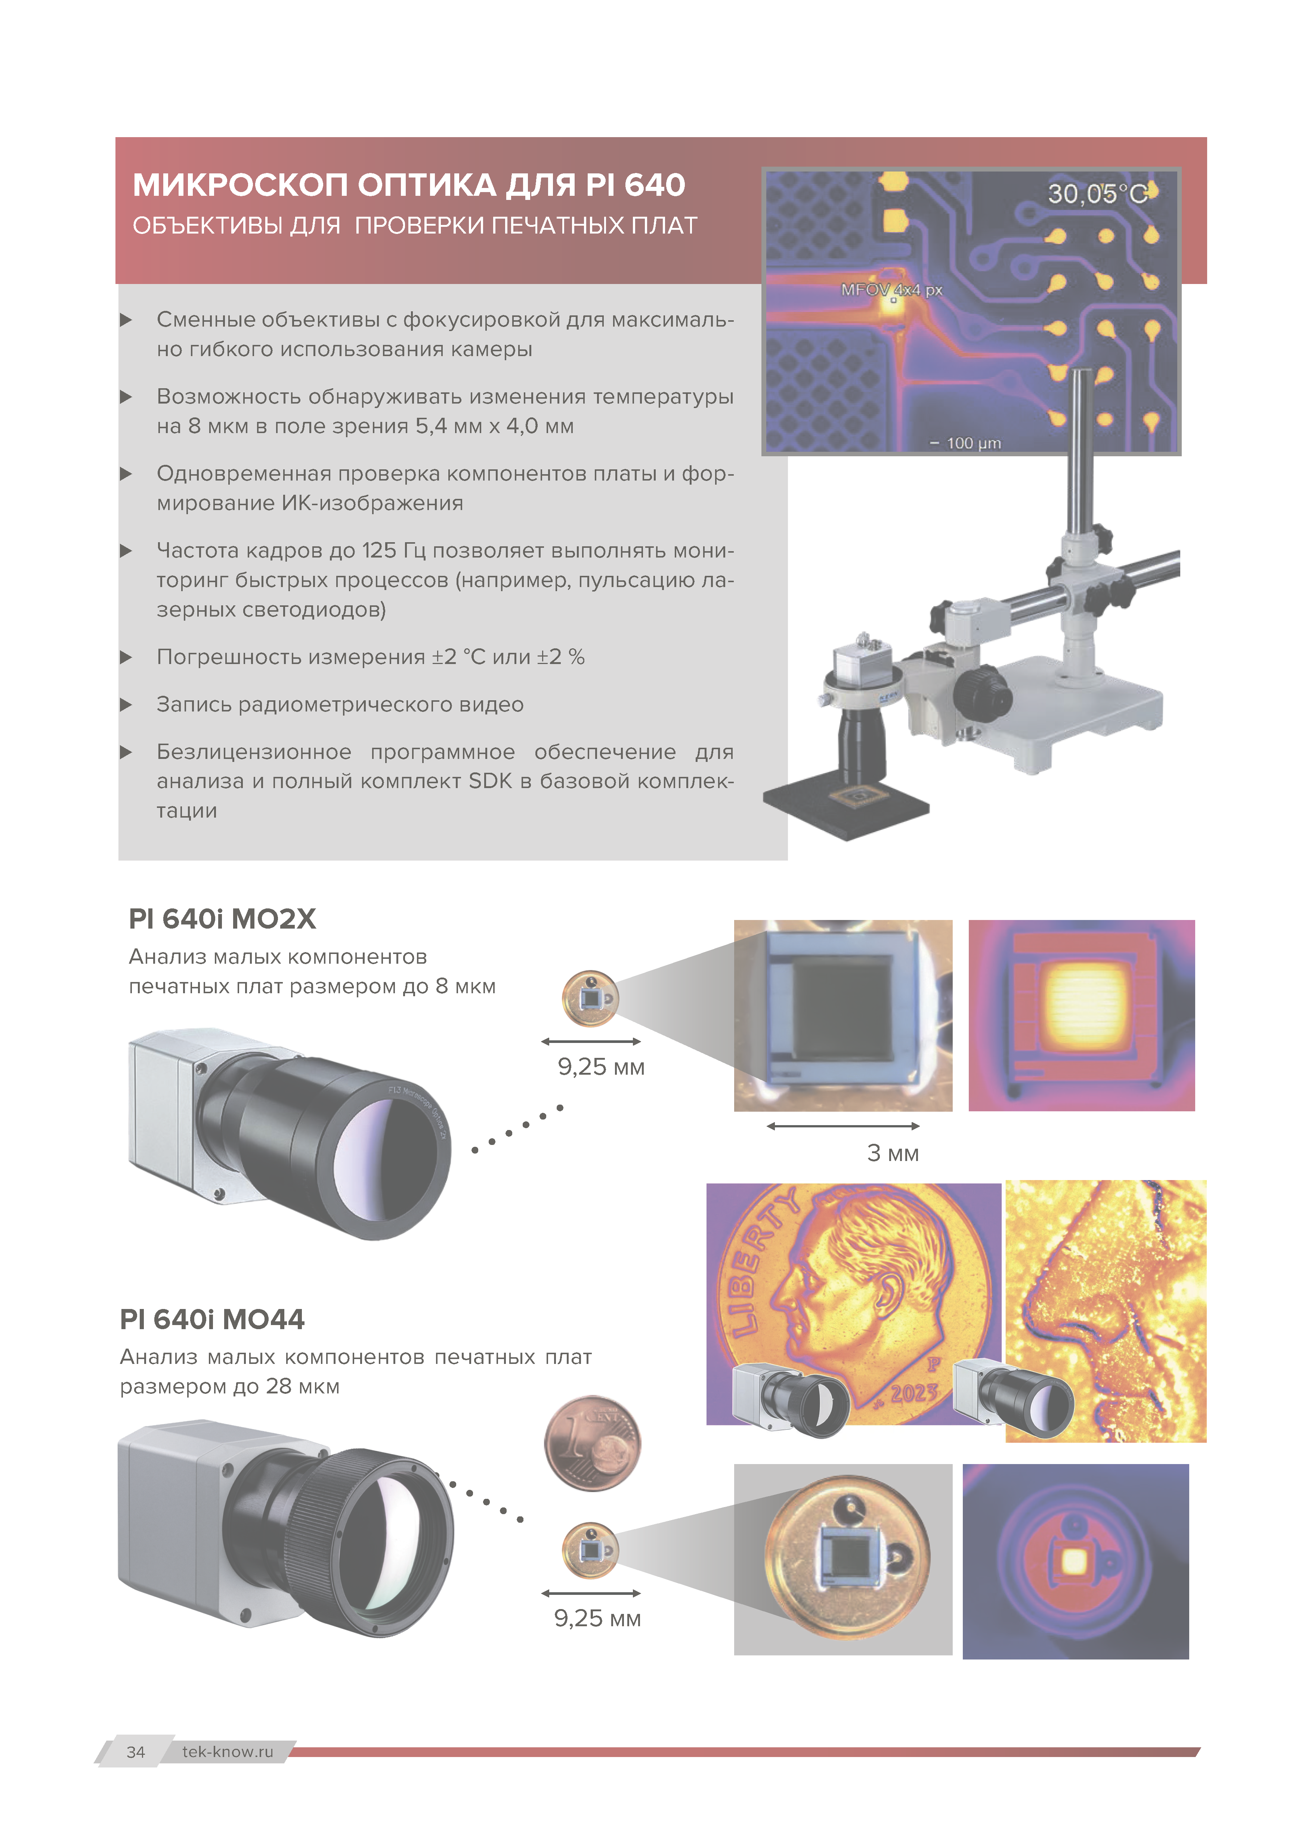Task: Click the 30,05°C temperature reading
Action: (1097, 194)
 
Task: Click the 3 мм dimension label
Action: (893, 1153)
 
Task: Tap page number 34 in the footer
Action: (136, 1751)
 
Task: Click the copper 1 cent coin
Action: (593, 1444)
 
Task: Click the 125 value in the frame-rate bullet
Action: (379, 551)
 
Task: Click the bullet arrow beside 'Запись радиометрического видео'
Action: (125, 704)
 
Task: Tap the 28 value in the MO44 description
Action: (278, 1386)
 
